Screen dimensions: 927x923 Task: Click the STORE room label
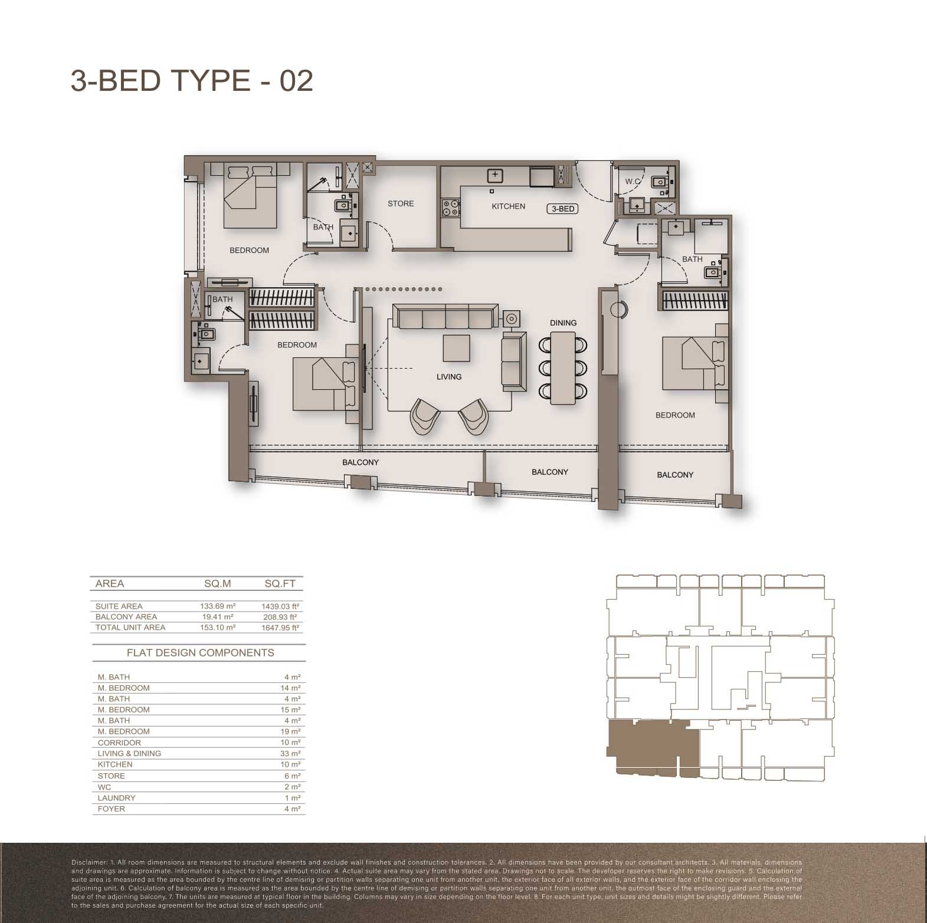tap(401, 203)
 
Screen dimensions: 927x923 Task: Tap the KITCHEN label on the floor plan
tap(508, 206)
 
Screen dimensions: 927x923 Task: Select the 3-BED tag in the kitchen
tap(563, 209)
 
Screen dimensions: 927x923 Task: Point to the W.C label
tap(633, 182)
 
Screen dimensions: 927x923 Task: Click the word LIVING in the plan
tap(449, 377)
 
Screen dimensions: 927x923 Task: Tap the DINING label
tap(563, 323)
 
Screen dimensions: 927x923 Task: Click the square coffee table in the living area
tap(457, 348)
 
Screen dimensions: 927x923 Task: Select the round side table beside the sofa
tap(511, 318)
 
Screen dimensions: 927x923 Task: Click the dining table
tap(563, 368)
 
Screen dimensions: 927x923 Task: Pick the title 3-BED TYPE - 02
tap(192, 81)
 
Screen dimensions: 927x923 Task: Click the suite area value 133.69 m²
tap(218, 606)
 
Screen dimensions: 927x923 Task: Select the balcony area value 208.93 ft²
tap(280, 617)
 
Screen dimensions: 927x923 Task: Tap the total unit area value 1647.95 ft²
tap(280, 628)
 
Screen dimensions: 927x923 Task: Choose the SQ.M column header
tap(218, 584)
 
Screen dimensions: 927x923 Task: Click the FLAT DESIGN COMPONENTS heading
tap(201, 653)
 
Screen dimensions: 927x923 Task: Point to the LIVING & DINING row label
tap(129, 754)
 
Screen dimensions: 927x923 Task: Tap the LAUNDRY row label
tap(117, 798)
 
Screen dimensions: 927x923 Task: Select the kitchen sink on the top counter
tap(494, 175)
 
